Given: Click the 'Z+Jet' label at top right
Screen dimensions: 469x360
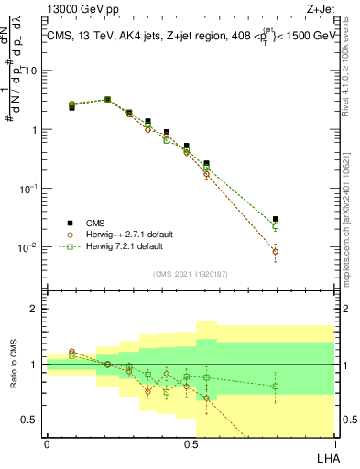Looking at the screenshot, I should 319,9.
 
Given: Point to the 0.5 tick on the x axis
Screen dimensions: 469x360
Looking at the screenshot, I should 191,442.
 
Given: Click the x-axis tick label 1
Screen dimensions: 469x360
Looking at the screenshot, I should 333,442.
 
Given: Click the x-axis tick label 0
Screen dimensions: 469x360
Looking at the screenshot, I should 47,442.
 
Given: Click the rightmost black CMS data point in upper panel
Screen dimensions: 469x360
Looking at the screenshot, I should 276,219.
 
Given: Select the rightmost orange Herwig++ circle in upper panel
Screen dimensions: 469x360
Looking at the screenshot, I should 276,251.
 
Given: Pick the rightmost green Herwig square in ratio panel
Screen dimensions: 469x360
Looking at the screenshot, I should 276,386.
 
